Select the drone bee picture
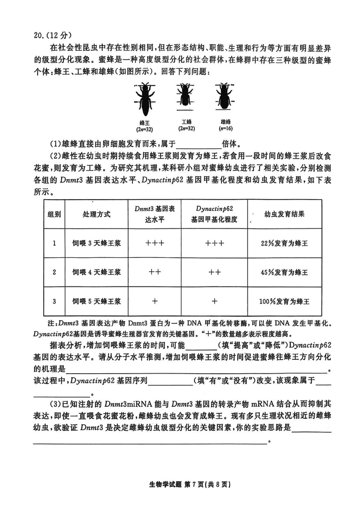click(x=223, y=96)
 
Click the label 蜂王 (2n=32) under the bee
click(x=145, y=125)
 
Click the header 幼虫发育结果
click(x=284, y=214)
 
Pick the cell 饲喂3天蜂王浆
click(x=97, y=243)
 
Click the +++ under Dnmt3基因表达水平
click(x=154, y=243)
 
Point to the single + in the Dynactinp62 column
click(x=215, y=301)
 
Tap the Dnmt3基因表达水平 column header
click(x=154, y=214)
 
